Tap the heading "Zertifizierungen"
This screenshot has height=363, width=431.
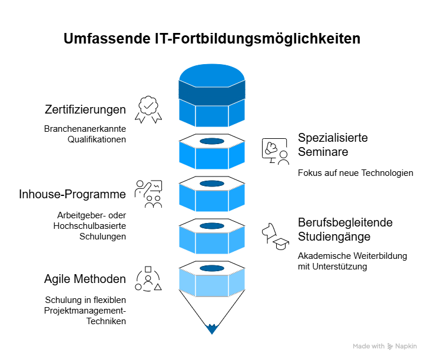(85, 110)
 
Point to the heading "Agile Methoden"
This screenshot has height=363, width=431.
(85, 279)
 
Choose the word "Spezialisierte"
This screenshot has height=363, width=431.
(333, 138)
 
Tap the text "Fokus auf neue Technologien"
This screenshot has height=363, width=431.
(356, 173)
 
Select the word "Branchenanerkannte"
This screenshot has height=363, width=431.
(85, 129)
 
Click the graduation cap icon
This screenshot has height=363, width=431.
(281, 244)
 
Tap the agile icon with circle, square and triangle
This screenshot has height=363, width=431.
(148, 279)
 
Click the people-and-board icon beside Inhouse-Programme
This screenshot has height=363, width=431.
(148, 194)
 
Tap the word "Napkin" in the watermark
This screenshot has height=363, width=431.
(406, 346)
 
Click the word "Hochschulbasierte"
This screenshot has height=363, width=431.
(89, 226)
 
